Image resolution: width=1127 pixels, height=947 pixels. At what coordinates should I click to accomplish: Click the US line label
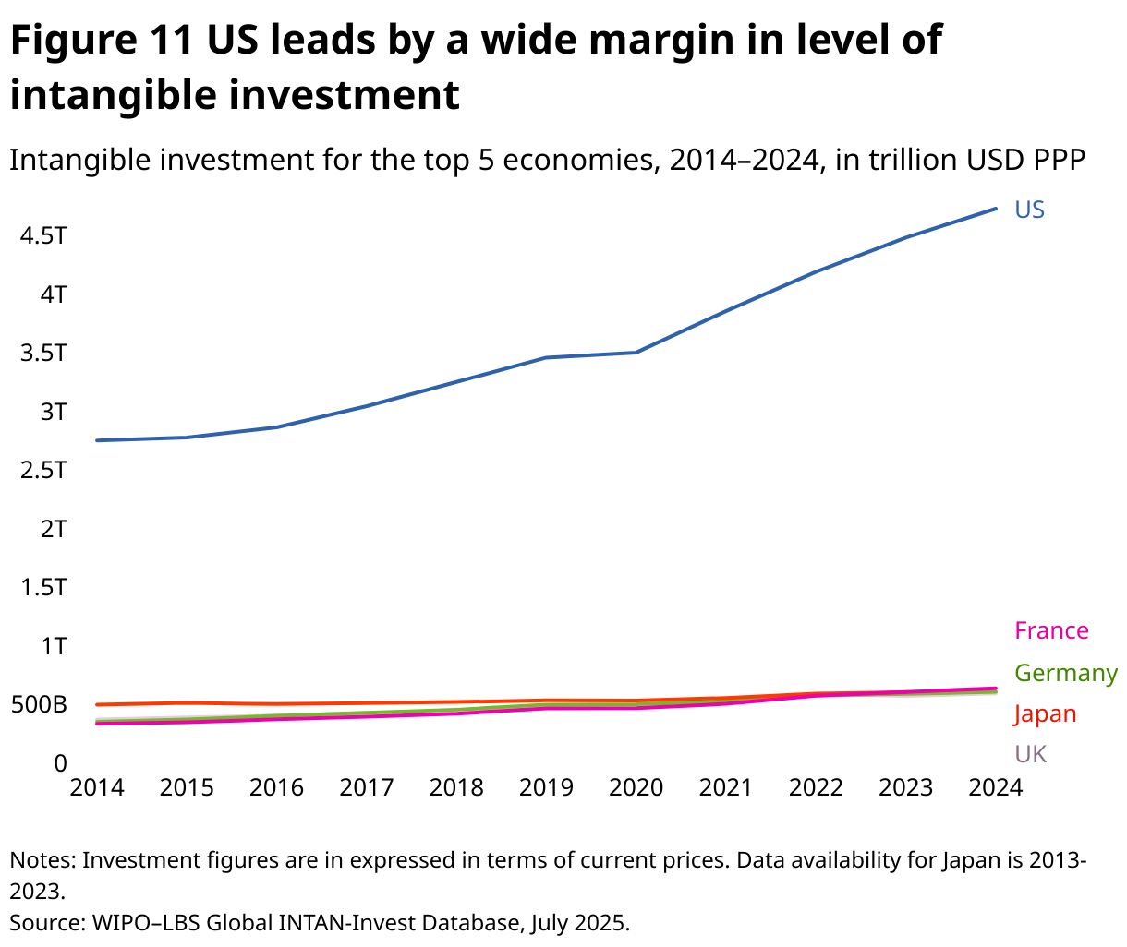coord(1029,210)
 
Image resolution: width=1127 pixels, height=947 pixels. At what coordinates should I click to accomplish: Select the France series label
coord(1051,630)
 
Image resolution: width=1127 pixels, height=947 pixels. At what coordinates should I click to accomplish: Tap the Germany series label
coord(1065,673)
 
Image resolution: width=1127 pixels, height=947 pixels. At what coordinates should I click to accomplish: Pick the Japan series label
coord(1045,713)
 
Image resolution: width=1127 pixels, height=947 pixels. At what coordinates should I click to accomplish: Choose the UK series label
coord(1030,754)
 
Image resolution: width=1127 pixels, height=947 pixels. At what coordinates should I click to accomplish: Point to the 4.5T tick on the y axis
coord(43,235)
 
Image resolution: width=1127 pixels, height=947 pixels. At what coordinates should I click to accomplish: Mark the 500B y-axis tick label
coord(39,705)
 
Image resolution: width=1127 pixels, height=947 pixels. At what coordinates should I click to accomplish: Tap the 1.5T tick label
coord(43,587)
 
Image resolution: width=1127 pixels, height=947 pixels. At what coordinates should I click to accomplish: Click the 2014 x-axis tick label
coord(97,787)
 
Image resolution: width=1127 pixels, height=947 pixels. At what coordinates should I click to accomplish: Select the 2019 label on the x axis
coord(546,787)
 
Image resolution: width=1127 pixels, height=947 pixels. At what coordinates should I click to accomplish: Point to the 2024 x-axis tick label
coord(995,787)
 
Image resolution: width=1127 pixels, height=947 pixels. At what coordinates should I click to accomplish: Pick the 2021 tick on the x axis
coord(726,787)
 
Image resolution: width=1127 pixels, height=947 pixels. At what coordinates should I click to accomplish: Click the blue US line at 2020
coord(636,353)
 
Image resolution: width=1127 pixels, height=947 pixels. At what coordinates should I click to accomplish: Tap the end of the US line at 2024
coord(995,209)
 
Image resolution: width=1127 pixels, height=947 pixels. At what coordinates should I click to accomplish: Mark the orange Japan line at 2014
coord(98,704)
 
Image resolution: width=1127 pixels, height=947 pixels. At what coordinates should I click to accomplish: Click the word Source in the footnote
coord(43,922)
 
